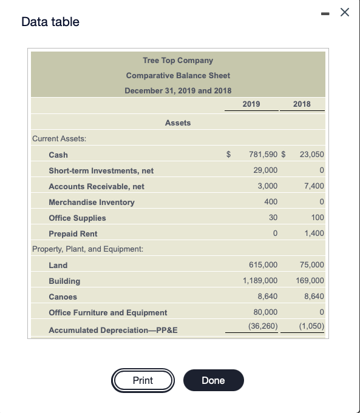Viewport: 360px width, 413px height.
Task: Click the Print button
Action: coord(143,380)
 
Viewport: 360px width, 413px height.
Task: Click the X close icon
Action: coord(345,13)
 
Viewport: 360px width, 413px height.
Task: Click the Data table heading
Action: coord(50,22)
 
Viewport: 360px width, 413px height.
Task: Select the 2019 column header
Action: coord(251,104)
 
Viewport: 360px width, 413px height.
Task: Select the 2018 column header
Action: coord(301,104)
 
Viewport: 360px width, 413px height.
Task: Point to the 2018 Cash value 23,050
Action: coord(312,155)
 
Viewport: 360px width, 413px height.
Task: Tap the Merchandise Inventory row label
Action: coord(92,202)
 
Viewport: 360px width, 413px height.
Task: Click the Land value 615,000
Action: coord(263,265)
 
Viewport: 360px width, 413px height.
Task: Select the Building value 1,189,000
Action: coord(260,281)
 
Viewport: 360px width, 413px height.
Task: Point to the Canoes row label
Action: coord(64,297)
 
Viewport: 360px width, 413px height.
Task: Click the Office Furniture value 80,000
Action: coord(266,312)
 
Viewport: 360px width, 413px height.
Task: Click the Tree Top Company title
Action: coord(178,60)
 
